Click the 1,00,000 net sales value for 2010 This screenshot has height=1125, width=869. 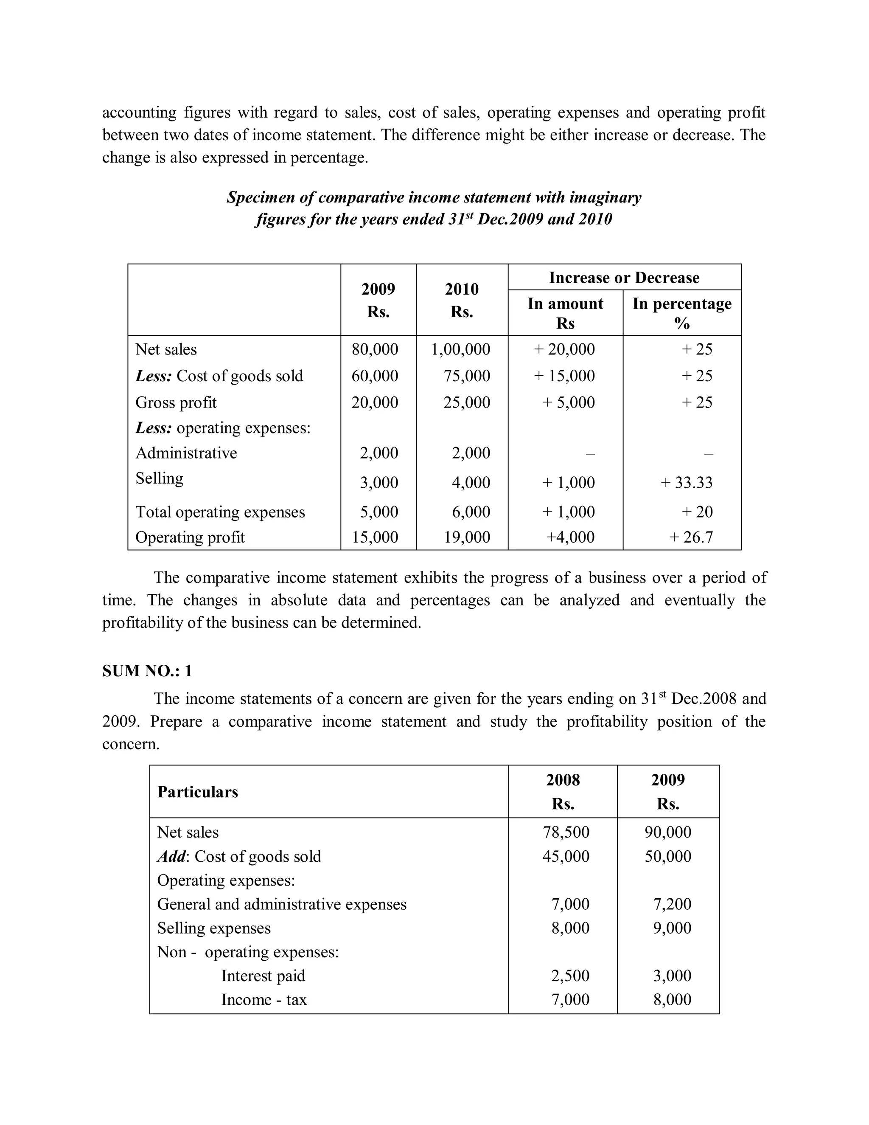460,349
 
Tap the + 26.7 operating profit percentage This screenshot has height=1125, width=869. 690,537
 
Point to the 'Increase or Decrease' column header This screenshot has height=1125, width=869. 624,278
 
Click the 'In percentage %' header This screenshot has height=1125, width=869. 681,313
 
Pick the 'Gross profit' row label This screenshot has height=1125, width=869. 176,402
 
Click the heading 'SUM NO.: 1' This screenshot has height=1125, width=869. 147,671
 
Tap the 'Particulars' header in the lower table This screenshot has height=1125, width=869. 198,792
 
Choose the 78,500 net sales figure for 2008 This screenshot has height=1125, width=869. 566,832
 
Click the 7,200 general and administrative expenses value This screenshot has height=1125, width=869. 672,904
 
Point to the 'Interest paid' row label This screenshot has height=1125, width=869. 263,976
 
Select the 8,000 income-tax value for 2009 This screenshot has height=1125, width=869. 672,1000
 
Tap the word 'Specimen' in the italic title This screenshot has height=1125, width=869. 259,197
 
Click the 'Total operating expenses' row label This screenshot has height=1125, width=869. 220,512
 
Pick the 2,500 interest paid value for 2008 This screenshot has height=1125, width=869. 570,976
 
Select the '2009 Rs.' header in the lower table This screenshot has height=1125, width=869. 668,792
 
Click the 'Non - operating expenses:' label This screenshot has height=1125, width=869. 248,952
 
